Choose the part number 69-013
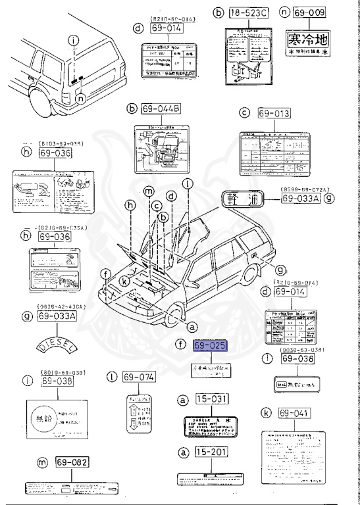(274, 114)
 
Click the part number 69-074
(138, 377)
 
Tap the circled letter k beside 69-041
(265, 413)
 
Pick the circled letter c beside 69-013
(245, 114)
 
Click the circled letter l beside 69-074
(112, 377)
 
